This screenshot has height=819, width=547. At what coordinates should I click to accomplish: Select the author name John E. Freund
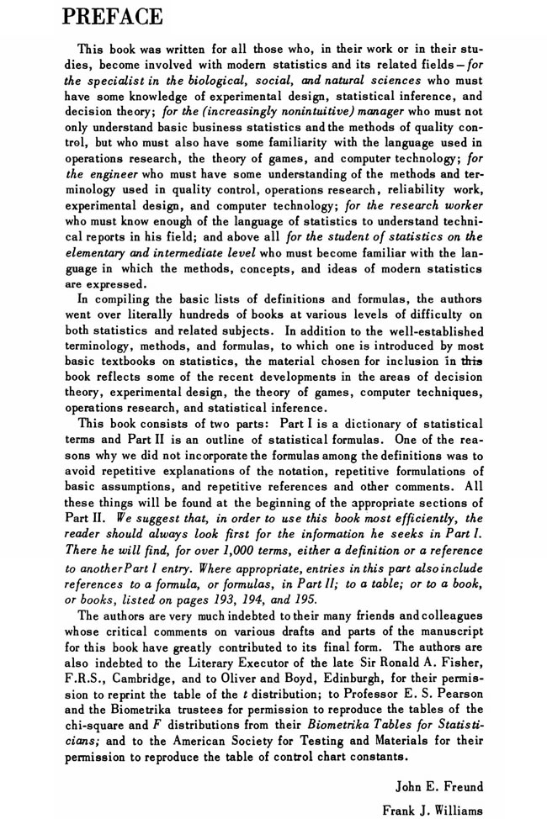(x=439, y=763)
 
